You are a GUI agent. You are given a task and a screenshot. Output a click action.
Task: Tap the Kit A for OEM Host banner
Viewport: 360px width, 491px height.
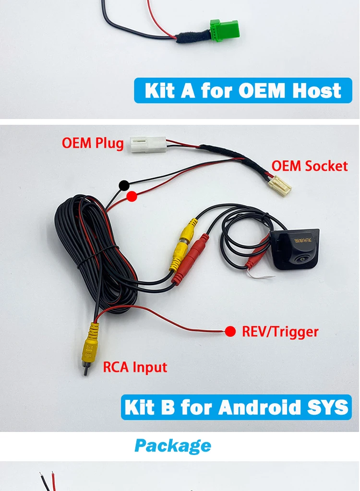click(x=243, y=90)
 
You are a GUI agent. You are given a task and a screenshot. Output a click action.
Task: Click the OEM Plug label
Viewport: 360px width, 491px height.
click(x=93, y=143)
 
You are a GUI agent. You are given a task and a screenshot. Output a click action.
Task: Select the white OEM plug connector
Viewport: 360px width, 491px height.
click(x=147, y=144)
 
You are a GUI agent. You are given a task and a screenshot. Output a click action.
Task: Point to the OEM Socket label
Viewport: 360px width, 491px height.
click(x=309, y=166)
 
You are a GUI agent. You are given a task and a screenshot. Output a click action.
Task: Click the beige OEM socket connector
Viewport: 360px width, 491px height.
click(x=279, y=185)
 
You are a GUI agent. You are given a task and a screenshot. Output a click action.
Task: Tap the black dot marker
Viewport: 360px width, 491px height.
click(x=124, y=185)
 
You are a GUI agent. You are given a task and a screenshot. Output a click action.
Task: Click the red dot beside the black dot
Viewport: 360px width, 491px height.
click(x=132, y=196)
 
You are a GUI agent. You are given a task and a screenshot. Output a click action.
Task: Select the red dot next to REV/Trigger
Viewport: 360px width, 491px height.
click(x=230, y=331)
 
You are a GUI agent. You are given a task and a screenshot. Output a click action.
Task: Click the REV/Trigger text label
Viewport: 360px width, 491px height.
click(x=280, y=331)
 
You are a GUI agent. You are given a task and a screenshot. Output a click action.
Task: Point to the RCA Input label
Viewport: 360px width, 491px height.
click(x=135, y=367)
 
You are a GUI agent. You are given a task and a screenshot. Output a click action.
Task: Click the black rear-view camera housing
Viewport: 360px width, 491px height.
click(x=294, y=249)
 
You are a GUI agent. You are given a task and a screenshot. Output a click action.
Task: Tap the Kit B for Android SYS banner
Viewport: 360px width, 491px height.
click(x=236, y=407)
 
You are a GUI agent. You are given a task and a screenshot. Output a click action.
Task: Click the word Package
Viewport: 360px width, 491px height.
click(x=173, y=446)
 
